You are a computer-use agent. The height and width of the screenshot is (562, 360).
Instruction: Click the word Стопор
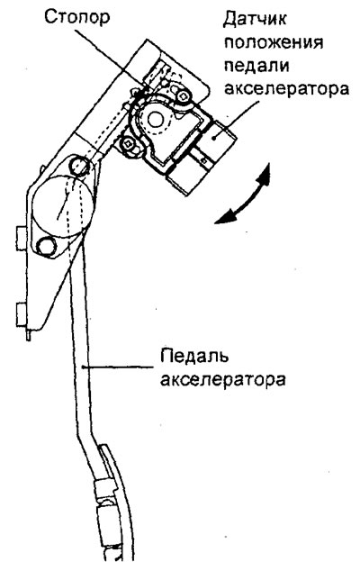tap(77, 17)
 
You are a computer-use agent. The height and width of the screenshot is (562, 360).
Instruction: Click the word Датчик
tap(255, 19)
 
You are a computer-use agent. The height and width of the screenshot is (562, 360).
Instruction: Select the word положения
tap(274, 42)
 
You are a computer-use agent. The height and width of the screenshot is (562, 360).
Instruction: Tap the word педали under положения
tap(256, 66)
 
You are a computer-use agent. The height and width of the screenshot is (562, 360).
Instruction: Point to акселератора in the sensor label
tap(286, 88)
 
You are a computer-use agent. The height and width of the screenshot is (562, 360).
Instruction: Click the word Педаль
tap(194, 356)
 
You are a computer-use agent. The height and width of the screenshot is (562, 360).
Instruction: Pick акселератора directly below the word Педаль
tap(223, 379)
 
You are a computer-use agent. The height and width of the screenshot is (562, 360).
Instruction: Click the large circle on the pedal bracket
tap(63, 207)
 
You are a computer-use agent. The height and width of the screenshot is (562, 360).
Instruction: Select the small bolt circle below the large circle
tap(47, 246)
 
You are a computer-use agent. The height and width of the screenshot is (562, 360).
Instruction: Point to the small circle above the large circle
tap(79, 165)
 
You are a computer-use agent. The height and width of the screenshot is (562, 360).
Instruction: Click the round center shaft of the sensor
tap(156, 120)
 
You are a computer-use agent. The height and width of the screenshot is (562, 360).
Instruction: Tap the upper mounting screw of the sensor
tap(184, 95)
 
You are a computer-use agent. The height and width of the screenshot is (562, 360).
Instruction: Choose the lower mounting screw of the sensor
tap(128, 144)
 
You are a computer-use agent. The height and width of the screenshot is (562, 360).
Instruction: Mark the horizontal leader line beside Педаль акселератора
tap(119, 367)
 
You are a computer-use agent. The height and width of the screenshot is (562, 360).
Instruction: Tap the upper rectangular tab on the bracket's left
tap(22, 239)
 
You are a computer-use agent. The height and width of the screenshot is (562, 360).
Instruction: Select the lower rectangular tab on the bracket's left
tap(22, 314)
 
